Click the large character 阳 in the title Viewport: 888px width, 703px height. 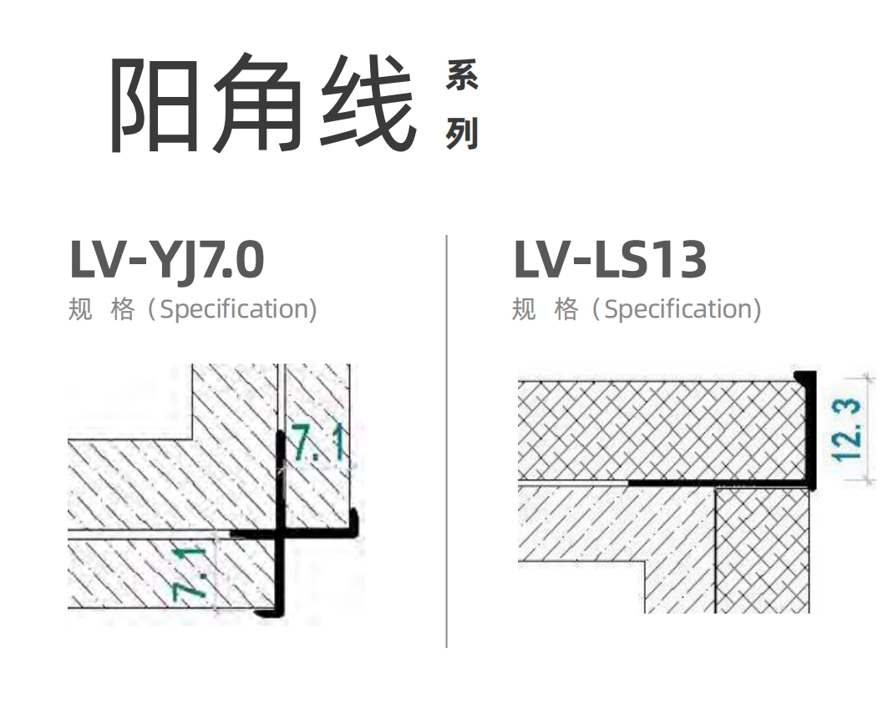pos(154,104)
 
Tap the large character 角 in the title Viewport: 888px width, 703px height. pos(257,103)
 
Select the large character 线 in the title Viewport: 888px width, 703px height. pos(368,103)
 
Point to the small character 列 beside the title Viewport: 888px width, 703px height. pos(462,133)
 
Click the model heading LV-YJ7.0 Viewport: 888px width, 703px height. pos(167,260)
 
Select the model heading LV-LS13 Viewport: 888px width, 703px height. pos(610,259)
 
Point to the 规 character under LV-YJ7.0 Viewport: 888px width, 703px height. pos(80,309)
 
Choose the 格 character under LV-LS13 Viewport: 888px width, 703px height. pos(566,309)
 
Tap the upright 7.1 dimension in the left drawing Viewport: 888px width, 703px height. pos(317,443)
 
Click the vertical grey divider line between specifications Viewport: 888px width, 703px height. pos(446,441)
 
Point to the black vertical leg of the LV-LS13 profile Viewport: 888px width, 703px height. pos(811,429)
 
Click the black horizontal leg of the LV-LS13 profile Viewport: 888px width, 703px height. pos(719,482)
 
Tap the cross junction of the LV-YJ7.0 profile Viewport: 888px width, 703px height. pos(280,533)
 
